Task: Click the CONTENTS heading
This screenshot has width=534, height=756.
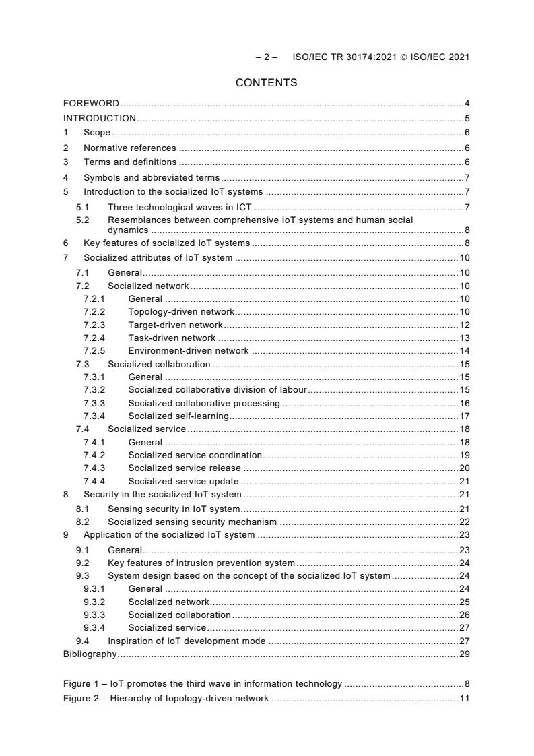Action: tap(266, 83)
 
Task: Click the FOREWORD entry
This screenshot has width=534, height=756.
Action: tap(91, 104)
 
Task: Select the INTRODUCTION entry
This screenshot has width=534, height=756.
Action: tap(99, 119)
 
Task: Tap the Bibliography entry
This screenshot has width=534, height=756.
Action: tap(90, 654)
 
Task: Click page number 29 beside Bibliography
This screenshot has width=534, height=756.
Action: tap(464, 654)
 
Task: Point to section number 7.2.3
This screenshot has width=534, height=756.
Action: tap(94, 325)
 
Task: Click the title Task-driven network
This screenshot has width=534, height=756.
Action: tap(172, 338)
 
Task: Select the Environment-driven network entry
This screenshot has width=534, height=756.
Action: tap(188, 351)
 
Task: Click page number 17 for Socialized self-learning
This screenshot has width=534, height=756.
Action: tap(464, 416)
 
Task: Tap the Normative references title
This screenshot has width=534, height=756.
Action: tap(129, 148)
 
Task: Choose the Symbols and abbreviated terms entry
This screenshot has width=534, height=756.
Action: tap(151, 177)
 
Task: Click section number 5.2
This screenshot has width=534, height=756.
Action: tap(82, 220)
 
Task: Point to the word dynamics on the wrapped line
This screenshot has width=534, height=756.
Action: tap(128, 230)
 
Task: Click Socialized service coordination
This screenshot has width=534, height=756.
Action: tap(195, 455)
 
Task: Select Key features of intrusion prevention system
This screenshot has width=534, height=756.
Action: tap(201, 563)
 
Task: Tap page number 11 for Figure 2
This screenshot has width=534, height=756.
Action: tap(464, 698)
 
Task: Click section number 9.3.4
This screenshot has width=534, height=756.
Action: tap(94, 627)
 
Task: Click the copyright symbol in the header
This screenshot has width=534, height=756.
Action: tap(404, 57)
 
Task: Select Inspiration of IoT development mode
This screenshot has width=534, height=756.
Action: tap(187, 641)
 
